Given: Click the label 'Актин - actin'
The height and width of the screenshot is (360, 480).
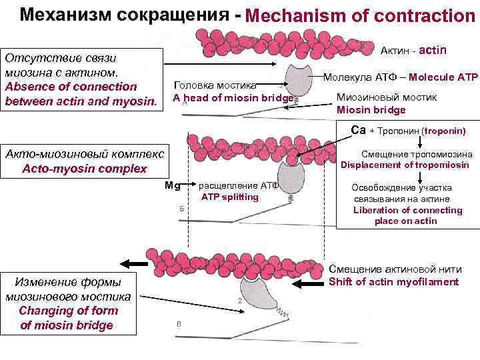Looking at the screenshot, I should tap(413, 51).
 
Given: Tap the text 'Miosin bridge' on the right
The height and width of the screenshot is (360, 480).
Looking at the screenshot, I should tap(371, 110).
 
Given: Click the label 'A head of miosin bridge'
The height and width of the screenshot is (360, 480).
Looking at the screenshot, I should tap(233, 98).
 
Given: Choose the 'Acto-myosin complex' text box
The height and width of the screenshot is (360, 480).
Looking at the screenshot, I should tap(85, 161).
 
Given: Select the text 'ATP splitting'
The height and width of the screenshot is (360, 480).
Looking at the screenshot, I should tap(230, 197).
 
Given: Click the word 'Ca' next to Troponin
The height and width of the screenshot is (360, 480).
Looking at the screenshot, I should tap(359, 129).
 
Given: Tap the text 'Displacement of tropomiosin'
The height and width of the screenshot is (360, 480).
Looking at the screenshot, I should tap(405, 165).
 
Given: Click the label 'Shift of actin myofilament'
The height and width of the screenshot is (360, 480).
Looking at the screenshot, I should tap(394, 281).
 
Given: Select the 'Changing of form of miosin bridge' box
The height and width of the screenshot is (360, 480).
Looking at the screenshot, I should tap(68, 301).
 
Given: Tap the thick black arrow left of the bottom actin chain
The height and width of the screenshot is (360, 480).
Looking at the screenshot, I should tap(134, 262).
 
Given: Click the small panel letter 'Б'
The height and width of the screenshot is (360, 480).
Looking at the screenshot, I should tap(182, 209).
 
